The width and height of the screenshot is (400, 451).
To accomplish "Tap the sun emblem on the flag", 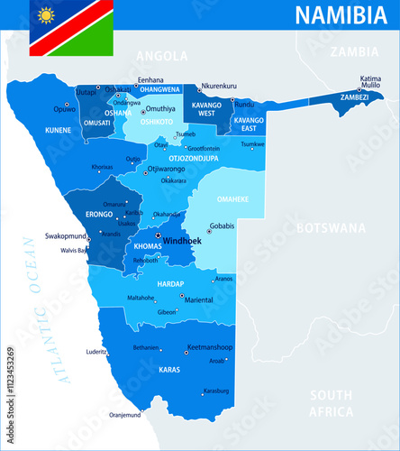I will click(45, 14).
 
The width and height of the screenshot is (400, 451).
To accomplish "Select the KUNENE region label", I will click(59, 131).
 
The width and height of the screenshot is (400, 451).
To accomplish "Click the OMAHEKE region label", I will click(233, 200).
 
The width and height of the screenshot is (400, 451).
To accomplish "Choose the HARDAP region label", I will click(170, 283).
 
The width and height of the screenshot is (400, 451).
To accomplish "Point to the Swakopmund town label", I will click(65, 235).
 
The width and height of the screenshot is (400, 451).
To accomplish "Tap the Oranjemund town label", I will click(125, 415).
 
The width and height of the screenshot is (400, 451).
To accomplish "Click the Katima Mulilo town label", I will click(370, 81).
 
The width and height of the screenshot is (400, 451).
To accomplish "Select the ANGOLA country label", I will click(161, 56).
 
